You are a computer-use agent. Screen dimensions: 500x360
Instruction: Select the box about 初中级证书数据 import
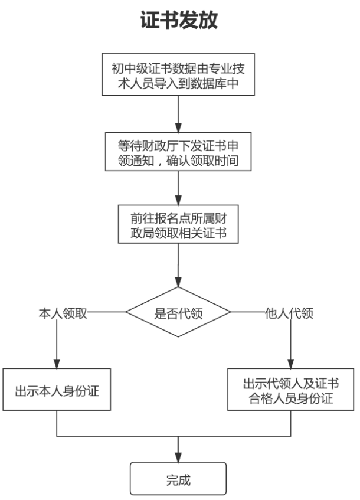click(x=178, y=74)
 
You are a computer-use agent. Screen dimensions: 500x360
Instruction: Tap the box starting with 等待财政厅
click(x=178, y=152)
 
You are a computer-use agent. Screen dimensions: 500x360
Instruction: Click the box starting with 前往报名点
click(x=178, y=224)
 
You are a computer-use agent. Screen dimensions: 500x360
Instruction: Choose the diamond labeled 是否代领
click(x=178, y=312)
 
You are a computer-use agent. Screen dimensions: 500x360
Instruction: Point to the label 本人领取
click(x=63, y=313)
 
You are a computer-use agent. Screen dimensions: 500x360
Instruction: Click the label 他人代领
click(x=289, y=313)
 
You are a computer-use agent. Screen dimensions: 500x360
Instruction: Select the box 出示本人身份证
click(x=57, y=390)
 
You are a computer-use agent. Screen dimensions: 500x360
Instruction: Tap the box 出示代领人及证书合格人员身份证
click(x=290, y=390)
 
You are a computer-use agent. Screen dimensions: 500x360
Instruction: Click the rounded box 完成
click(x=178, y=479)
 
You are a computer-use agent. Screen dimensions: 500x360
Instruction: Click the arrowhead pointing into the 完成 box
click(x=178, y=457)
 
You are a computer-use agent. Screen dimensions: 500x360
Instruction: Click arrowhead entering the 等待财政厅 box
click(x=178, y=128)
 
